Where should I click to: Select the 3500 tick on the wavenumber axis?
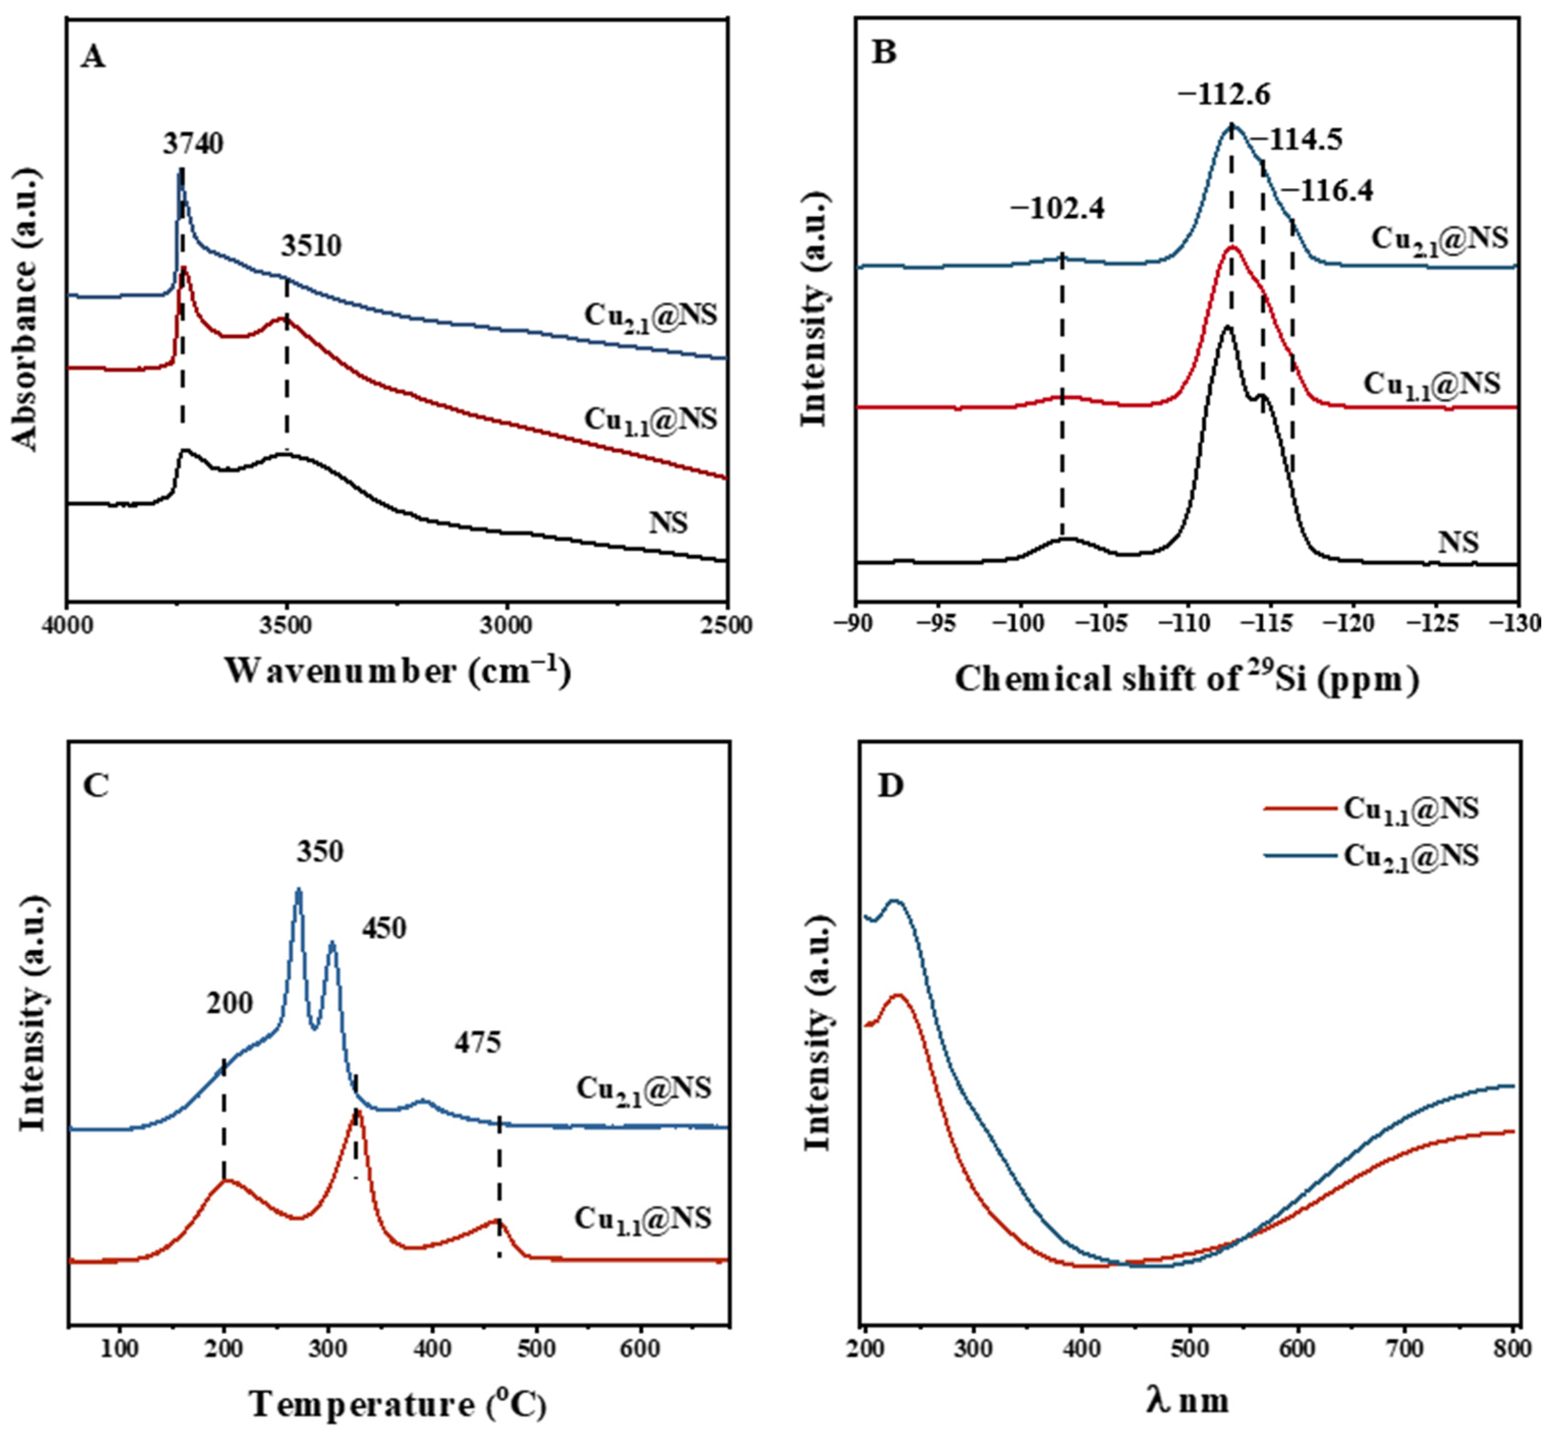(287, 625)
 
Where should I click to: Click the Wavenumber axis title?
(397, 671)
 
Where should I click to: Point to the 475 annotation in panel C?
(477, 1042)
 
